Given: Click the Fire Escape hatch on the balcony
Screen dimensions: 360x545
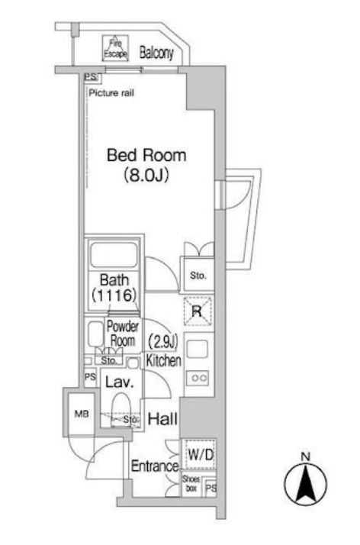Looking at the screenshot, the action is tap(115, 48).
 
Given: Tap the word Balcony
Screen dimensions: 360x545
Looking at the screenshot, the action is tap(156, 53).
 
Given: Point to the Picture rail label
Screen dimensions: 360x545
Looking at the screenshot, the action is tap(111, 93).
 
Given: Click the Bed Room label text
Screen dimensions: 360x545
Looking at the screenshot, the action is tap(146, 155).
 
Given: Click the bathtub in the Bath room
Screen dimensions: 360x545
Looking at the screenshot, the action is tap(114, 255).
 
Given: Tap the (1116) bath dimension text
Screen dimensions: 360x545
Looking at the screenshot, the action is tap(114, 295).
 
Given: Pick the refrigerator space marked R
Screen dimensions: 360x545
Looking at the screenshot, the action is tap(198, 311).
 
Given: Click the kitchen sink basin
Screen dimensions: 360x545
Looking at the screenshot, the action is tap(198, 349).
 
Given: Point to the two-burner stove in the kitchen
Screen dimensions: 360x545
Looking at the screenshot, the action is tap(198, 378).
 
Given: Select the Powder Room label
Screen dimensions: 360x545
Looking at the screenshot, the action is tap(122, 334).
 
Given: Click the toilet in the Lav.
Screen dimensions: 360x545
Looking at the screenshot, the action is tap(121, 409).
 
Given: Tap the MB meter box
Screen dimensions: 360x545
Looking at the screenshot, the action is tap(82, 414).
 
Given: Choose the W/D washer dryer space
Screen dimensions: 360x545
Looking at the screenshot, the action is tap(200, 454).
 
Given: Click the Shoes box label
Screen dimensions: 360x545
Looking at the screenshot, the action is tap(191, 484).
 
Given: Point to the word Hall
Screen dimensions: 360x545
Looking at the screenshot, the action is tap(162, 419).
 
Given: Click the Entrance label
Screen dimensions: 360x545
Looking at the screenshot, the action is tap(155, 466).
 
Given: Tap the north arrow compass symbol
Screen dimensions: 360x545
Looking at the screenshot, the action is tap(306, 482).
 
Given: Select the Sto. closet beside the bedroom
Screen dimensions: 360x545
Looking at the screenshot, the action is tap(198, 276).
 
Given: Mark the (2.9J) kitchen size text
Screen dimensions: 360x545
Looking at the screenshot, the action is tap(162, 341).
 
